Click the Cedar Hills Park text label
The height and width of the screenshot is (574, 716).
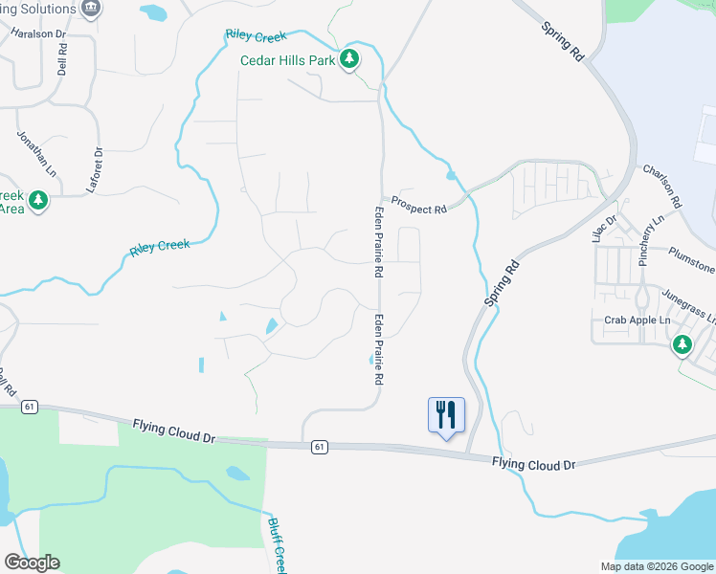(287, 60)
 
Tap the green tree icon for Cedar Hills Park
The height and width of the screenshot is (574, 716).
(350, 59)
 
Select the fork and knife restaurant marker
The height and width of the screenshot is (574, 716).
(446, 414)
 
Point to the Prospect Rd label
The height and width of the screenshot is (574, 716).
(419, 209)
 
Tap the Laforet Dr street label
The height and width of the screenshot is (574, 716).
(95, 169)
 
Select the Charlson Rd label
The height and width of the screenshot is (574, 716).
(661, 186)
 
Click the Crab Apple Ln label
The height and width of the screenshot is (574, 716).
(635, 320)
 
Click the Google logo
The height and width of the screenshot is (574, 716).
(32, 563)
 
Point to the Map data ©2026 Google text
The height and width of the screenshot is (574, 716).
(657, 565)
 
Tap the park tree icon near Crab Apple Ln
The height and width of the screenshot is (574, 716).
(682, 344)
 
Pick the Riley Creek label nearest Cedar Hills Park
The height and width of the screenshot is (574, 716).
(256, 36)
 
